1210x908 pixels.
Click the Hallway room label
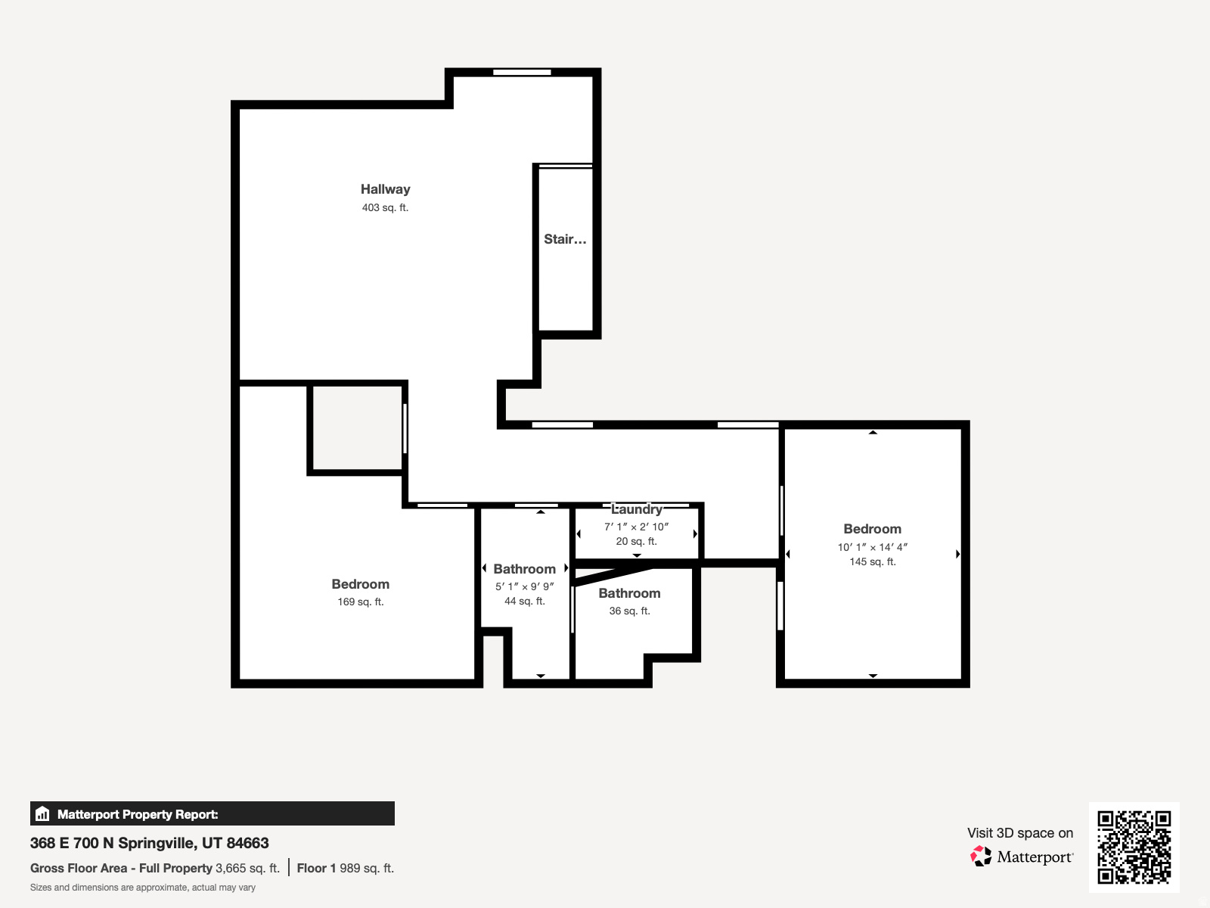click(385, 189)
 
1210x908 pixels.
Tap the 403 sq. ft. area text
click(385, 207)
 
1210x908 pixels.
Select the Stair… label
click(565, 239)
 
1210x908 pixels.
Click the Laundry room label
click(636, 509)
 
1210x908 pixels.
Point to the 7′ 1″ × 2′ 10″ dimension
click(636, 527)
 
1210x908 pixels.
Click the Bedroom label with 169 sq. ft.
click(360, 584)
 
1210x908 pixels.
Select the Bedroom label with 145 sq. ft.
click(872, 529)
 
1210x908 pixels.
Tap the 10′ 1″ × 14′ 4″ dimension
click(872, 547)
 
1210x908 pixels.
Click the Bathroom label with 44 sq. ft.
click(524, 569)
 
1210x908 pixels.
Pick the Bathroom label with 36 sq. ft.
click(629, 593)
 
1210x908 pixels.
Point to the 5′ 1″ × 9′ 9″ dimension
click(524, 586)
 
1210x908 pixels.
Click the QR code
click(1134, 847)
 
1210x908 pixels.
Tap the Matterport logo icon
click(981, 857)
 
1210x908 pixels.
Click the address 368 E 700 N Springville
click(150, 843)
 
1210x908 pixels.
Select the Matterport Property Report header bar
click(213, 813)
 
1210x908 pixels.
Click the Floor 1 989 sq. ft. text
click(345, 868)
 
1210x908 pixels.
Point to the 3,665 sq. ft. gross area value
click(247, 868)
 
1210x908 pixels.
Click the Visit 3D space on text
click(1019, 833)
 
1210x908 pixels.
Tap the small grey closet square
click(357, 428)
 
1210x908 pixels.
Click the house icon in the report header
click(42, 814)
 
